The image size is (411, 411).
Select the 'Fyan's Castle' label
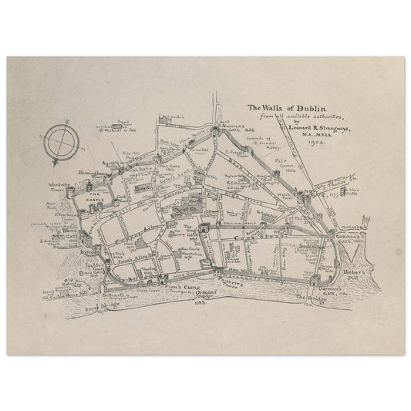pyautogui.click(x=181, y=283)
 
